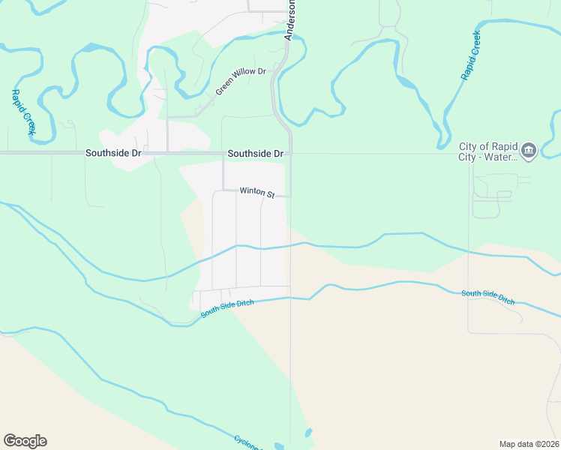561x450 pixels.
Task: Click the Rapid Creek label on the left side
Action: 22,112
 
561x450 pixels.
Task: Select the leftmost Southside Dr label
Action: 113,153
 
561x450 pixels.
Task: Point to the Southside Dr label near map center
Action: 255,153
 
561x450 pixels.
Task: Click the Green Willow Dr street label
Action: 241,81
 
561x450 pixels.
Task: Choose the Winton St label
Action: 257,192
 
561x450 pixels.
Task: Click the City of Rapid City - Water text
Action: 488,151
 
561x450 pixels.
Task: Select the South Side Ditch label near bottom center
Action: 227,308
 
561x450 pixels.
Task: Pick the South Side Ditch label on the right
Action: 488,296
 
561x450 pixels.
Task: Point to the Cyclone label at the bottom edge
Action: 248,442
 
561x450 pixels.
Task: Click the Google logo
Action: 25,441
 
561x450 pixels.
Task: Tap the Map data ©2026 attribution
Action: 529,444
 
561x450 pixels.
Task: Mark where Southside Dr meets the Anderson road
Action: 291,153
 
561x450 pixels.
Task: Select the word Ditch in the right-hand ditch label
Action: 505,299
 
